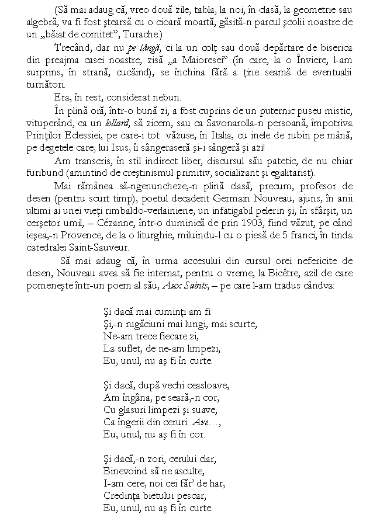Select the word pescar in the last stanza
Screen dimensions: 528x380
click(188, 496)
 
